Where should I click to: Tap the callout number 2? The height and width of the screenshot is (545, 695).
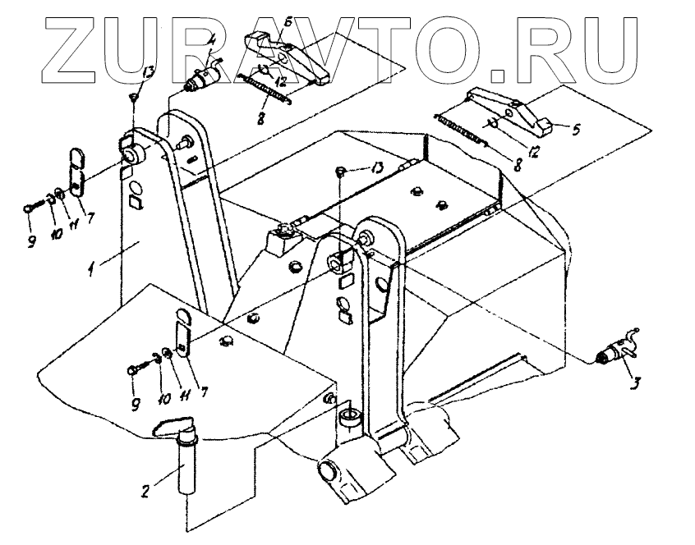[x=144, y=492]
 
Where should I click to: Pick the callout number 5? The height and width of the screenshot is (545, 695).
[x=576, y=129]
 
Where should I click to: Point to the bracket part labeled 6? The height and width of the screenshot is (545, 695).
[x=292, y=57]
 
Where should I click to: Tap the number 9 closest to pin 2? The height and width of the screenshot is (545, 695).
[x=136, y=402]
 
